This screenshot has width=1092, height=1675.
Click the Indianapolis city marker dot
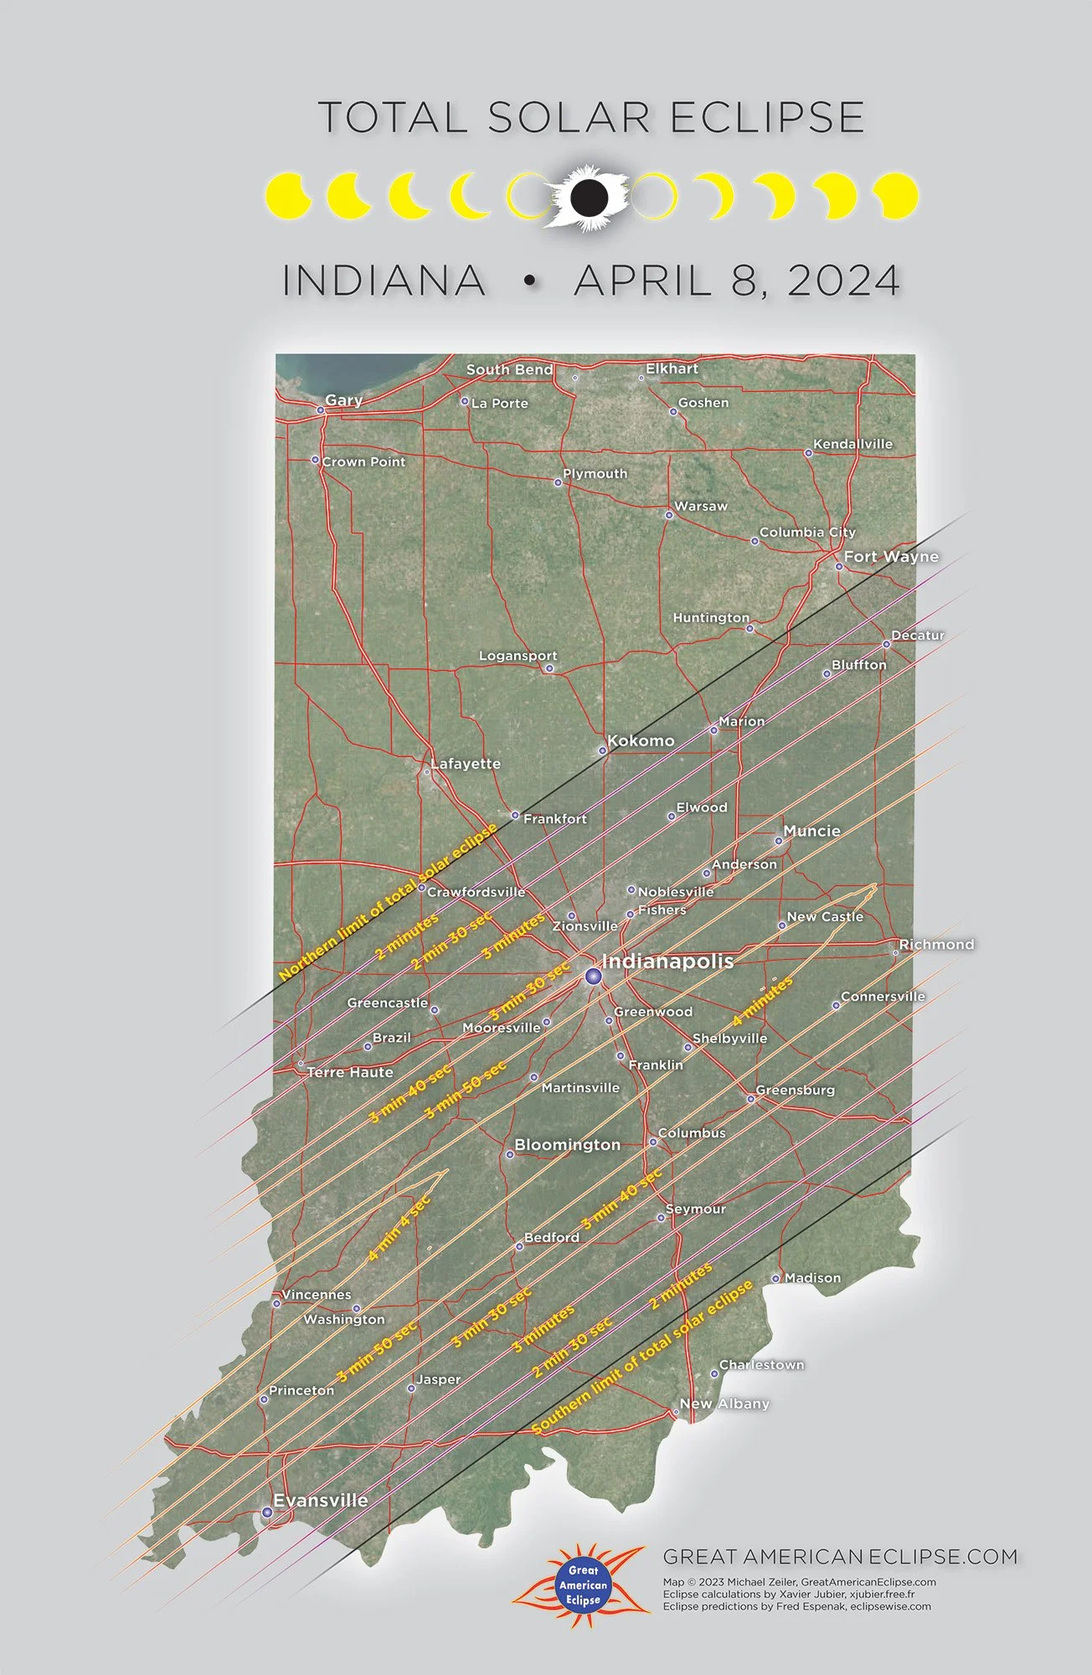tap(593, 977)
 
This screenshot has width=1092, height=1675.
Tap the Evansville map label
tap(321, 1500)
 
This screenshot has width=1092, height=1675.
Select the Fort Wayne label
tap(891, 556)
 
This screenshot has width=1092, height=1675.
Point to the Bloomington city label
tap(567, 1145)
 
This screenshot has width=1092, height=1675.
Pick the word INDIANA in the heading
tap(384, 280)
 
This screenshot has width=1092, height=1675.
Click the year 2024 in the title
tap(843, 280)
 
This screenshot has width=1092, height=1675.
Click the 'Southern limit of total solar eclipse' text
tap(642, 1357)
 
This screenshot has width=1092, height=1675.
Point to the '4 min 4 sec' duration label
tap(399, 1227)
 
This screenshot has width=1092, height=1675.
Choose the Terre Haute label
tap(350, 1072)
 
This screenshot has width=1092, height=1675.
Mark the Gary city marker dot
tap(320, 410)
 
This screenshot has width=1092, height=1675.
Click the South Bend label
tap(509, 369)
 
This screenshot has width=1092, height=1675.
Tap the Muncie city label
tap(811, 831)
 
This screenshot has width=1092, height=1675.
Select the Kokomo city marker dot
tap(602, 750)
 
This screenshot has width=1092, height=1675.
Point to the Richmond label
tap(936, 944)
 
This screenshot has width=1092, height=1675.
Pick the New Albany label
tap(724, 1404)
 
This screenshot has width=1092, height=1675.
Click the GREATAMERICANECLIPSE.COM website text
tap(840, 1557)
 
